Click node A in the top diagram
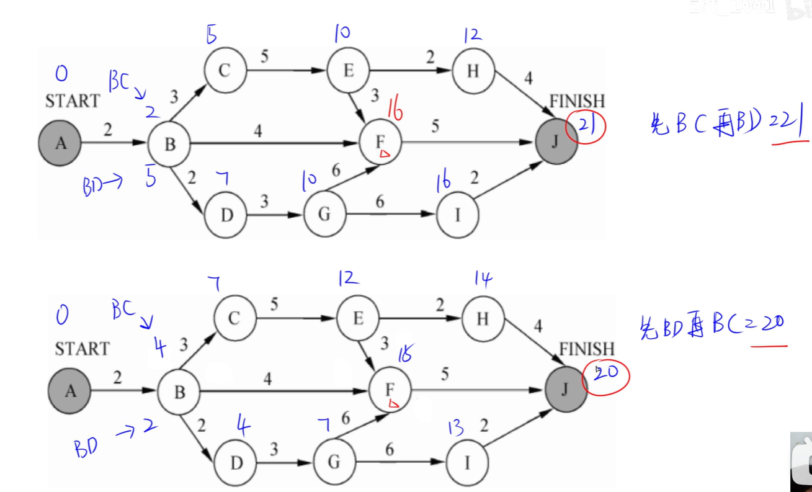click(x=60, y=143)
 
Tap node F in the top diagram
click(x=380, y=143)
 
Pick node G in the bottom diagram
click(x=334, y=463)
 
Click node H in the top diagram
click(x=473, y=71)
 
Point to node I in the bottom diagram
click(x=466, y=463)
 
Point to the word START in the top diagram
click(x=72, y=101)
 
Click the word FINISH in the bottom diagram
click(x=586, y=349)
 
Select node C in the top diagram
click(x=224, y=71)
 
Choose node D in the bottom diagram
click(x=234, y=463)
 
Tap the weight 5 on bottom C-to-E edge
click(x=274, y=305)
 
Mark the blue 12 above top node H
click(x=471, y=35)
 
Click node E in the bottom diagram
click(x=358, y=319)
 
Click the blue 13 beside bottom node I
click(x=455, y=428)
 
